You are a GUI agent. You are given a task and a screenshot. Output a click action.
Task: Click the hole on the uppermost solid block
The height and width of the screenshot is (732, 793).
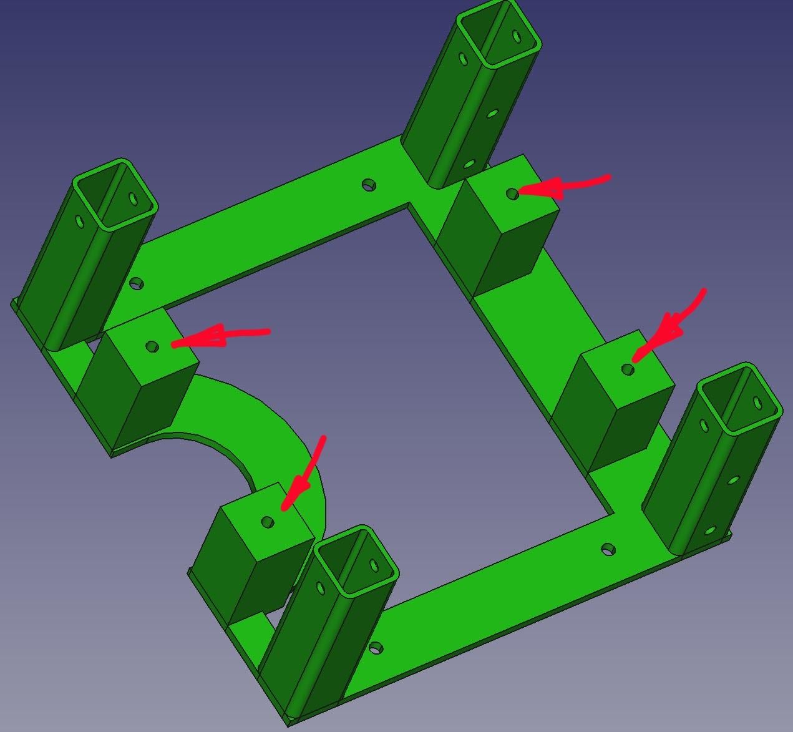[512, 194]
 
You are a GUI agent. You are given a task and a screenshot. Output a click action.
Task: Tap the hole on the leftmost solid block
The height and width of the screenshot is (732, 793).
[152, 346]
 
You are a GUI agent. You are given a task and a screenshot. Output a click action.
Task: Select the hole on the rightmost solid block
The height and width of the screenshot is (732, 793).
[628, 369]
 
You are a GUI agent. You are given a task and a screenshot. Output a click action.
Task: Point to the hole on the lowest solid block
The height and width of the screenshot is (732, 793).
[268, 522]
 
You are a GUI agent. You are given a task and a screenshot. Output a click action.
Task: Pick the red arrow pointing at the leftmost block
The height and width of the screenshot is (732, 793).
[218, 337]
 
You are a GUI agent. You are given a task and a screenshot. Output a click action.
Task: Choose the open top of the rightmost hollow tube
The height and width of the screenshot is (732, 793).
[740, 399]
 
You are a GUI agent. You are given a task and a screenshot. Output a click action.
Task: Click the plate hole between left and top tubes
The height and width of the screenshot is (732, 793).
[369, 185]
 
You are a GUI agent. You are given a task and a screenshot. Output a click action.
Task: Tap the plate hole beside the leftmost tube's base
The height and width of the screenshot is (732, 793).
[136, 284]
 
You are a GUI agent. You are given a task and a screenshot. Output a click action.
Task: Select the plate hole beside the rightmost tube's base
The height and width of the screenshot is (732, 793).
[608, 550]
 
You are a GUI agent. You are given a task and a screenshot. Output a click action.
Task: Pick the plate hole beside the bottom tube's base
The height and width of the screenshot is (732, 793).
[376, 648]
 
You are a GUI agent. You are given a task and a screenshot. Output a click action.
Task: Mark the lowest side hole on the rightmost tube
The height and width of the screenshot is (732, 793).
[709, 531]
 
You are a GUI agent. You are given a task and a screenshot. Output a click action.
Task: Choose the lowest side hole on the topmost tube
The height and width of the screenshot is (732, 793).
[469, 164]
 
